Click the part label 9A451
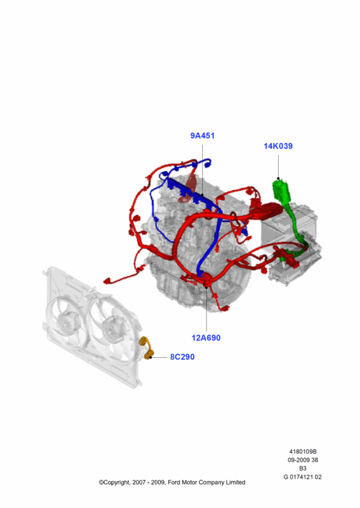(x=202, y=136)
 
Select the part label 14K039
(x=278, y=146)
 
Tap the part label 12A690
(x=206, y=338)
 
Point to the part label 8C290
(x=182, y=357)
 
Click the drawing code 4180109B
(x=303, y=451)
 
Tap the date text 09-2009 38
(x=303, y=460)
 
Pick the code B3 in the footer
(x=303, y=469)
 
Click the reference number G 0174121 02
(x=303, y=477)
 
